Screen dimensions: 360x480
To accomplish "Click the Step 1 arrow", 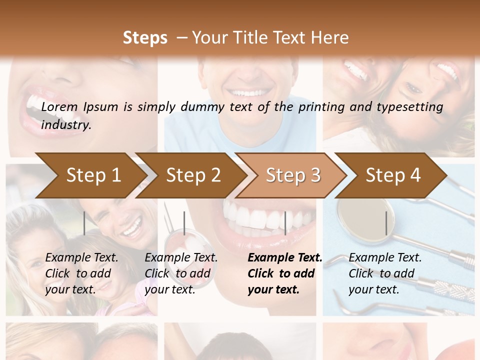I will click(93, 175).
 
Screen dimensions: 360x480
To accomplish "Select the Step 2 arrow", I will click(193, 175).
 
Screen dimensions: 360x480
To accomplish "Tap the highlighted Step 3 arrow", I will click(293, 175).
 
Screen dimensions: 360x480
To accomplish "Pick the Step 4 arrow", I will click(393, 175).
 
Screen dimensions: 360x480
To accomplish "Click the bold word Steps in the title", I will click(145, 37).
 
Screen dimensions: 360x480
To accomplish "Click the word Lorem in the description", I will click(59, 106).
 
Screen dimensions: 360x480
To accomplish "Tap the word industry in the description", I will click(65, 125).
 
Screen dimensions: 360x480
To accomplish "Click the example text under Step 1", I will click(81, 273).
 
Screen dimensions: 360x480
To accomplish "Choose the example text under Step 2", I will click(181, 273).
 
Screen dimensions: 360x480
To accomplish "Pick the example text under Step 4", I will click(384, 273).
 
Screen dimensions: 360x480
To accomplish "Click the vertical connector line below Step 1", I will click(84, 223).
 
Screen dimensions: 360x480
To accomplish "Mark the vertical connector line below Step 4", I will click(386, 223).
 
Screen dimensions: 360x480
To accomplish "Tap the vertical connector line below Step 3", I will click(285, 223).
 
